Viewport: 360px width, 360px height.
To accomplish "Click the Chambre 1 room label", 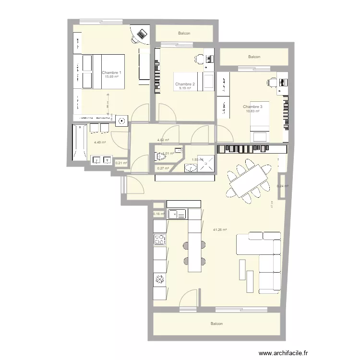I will [x=111, y=72].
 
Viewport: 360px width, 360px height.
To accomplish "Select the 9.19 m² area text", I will [x=185, y=88].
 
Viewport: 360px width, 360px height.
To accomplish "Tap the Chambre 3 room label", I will [x=252, y=107].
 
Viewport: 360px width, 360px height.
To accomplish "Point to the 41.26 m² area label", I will [x=220, y=229].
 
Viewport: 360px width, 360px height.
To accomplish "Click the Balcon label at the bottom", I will [x=216, y=324].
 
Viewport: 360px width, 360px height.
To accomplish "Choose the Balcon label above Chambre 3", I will [x=254, y=57].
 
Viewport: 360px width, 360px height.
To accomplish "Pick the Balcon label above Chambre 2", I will [x=184, y=33].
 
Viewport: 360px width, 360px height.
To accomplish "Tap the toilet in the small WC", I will [x=159, y=156].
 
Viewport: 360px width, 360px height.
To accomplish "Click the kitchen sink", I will [x=177, y=214].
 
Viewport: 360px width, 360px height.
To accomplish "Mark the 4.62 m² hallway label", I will [x=163, y=140].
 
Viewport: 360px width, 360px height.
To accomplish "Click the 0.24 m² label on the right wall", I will [x=283, y=186].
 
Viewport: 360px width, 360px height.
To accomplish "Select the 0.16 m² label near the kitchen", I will [x=158, y=214].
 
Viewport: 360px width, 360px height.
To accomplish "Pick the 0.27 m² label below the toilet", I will [x=163, y=168].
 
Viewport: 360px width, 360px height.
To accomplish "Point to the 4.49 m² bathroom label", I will [x=100, y=142].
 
